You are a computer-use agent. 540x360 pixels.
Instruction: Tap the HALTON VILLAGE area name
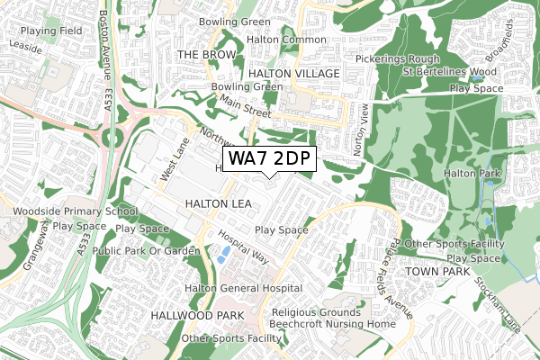293,73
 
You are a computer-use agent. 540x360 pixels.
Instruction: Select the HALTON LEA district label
218,204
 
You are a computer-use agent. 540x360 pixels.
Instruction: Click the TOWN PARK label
438,271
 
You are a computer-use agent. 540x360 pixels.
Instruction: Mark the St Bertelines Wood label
449,71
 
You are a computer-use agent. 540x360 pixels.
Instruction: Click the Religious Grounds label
316,312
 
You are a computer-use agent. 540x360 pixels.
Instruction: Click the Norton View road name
364,126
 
